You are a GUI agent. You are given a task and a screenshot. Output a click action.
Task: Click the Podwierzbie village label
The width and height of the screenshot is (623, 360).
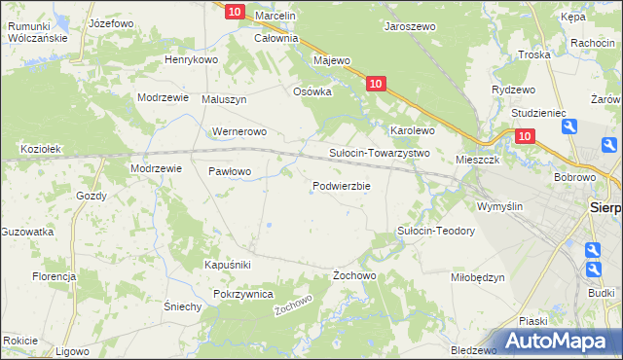pos(341,187)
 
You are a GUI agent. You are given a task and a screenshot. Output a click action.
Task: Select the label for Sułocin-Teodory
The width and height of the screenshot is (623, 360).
pos(435,231)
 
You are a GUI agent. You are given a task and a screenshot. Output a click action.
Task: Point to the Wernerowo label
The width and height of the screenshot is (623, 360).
pos(238,130)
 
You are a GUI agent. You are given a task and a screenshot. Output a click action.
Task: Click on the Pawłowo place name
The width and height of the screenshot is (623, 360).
pos(230,171)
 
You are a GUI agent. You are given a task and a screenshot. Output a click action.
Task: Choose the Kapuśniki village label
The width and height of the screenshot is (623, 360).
pos(228,265)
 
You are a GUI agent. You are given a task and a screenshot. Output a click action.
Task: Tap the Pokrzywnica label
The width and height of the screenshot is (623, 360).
pos(242,294)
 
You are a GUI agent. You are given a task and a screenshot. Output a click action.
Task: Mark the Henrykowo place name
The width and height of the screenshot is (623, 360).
pos(191,59)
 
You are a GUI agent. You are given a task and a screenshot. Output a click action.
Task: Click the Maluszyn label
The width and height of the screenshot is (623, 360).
pos(224,99)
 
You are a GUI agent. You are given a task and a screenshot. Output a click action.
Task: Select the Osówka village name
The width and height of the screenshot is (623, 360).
pos(312,91)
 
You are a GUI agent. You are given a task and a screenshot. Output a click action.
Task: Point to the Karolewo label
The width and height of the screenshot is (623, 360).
pos(412,129)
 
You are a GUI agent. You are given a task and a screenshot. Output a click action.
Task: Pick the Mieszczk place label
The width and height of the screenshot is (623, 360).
pos(477,159)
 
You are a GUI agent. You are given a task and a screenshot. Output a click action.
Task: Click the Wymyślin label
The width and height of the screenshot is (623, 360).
pos(499,206)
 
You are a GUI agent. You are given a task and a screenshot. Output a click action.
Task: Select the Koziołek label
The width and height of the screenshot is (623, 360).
pos(42,149)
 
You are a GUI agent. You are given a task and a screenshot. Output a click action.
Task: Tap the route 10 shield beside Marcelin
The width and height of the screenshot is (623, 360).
pos(234,11)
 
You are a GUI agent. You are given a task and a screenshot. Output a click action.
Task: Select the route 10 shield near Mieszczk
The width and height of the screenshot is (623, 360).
pos(525,137)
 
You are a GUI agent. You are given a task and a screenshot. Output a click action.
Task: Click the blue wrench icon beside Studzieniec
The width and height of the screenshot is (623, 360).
pos(569,126)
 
